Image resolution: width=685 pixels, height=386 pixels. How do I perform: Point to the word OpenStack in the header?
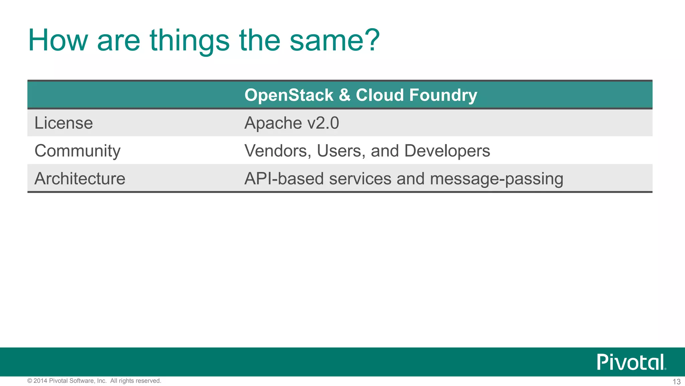click(289, 95)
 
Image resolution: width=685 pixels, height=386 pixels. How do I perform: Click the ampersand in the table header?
click(345, 95)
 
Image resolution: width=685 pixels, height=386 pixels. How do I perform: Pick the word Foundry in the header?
click(443, 95)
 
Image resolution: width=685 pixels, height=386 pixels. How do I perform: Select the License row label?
click(64, 123)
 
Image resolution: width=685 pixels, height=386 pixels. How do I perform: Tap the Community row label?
click(77, 151)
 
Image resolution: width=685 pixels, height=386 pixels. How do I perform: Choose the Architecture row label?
click(80, 179)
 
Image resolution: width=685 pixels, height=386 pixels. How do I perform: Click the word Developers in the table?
click(447, 151)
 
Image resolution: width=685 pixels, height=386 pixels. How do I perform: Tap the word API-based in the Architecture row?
click(284, 179)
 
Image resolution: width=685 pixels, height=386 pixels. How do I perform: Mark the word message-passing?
click(496, 179)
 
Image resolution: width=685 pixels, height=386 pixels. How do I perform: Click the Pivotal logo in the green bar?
click(631, 362)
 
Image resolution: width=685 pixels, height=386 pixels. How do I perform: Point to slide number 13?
click(676, 382)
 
